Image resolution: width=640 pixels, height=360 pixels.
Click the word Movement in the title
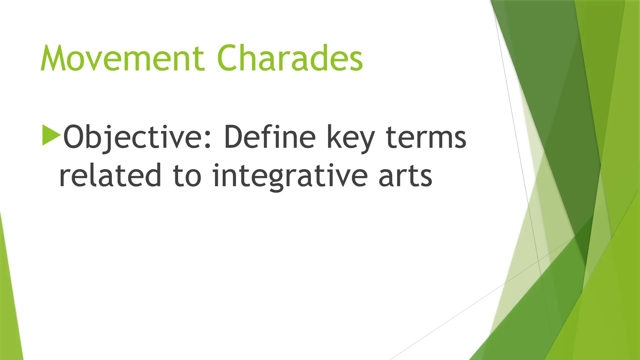pos(122,58)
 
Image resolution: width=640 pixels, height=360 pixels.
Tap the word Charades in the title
pos(290,58)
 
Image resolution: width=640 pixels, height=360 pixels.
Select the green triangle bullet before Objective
pos(51,135)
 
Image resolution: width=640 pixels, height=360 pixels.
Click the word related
pos(110,175)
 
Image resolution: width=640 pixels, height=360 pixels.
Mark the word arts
pos(405,176)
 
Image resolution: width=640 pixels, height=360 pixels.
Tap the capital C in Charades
pos(229,58)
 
